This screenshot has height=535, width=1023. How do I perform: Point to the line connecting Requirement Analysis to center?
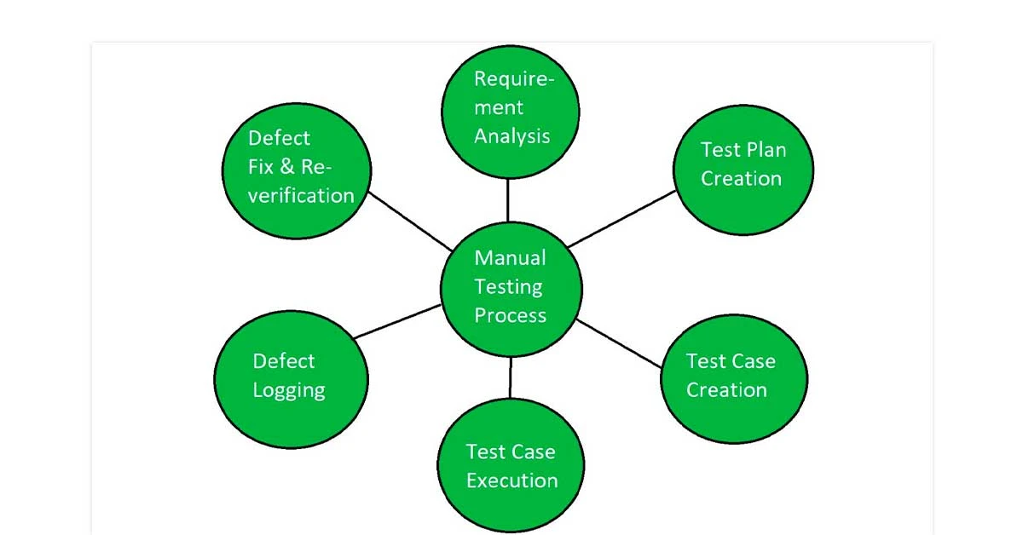click(x=508, y=199)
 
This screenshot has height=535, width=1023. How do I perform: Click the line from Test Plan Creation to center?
click(x=622, y=219)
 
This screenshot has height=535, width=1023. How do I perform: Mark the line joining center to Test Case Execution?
click(x=511, y=377)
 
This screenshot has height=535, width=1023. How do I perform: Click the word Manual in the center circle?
click(x=510, y=257)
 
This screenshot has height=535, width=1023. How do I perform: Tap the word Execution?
click(x=511, y=480)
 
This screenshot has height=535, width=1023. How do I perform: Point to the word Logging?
click(x=289, y=391)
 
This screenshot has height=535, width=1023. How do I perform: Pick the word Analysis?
click(x=511, y=136)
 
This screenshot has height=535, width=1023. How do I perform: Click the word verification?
click(x=301, y=195)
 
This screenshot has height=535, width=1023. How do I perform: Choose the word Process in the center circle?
click(x=510, y=315)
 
